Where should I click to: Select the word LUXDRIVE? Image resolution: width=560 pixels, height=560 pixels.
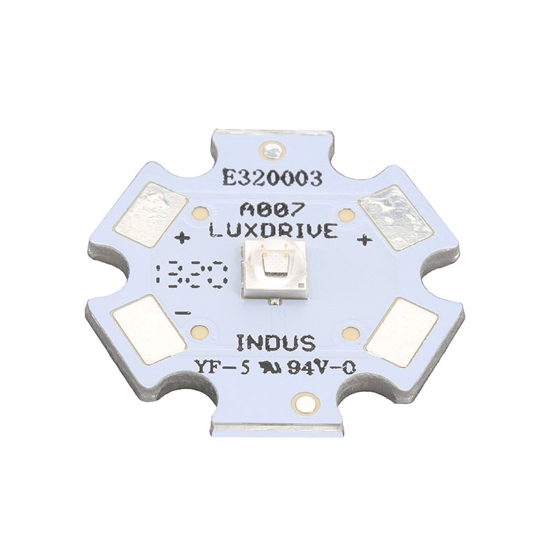coord(273,229)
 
